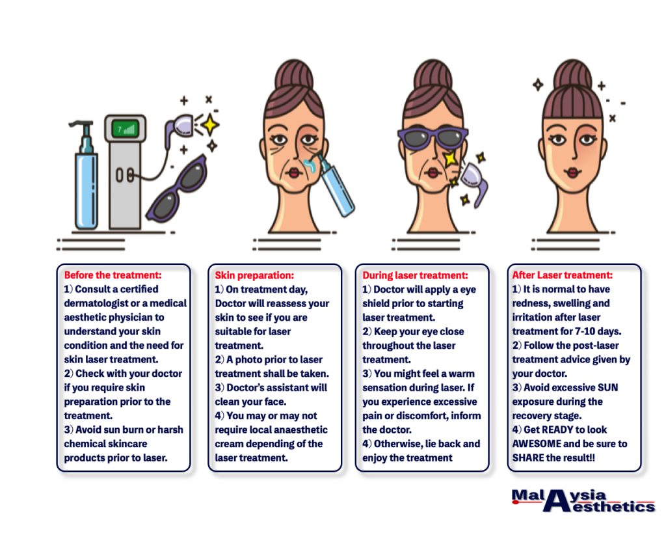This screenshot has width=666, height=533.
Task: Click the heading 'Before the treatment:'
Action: pyautogui.click(x=113, y=275)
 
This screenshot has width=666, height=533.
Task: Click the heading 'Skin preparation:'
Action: pyautogui.click(x=254, y=275)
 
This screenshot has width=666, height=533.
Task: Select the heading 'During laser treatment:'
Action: pyautogui.click(x=415, y=275)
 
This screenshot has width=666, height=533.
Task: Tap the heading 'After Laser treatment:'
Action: pyautogui.click(x=563, y=275)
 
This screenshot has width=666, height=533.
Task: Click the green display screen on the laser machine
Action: pyautogui.click(x=126, y=129)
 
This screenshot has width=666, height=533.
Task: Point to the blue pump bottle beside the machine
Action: pyautogui.click(x=87, y=174)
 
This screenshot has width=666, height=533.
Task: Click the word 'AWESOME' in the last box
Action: pyautogui.click(x=537, y=444)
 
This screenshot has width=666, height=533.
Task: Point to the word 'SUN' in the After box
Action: pyautogui.click(x=608, y=388)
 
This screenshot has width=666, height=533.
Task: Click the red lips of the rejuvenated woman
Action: pyautogui.click(x=572, y=172)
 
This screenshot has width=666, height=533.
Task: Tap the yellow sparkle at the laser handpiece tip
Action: pyautogui.click(x=210, y=125)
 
